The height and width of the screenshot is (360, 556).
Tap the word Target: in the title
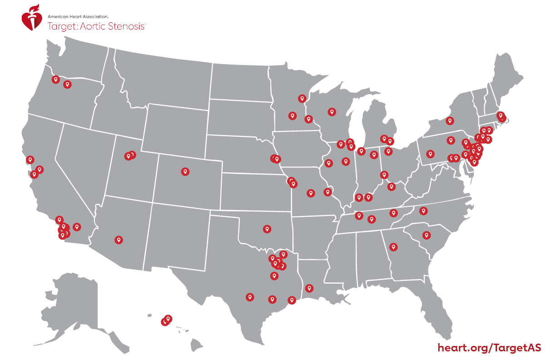coord(62,26)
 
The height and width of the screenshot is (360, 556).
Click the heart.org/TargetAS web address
coord(489,348)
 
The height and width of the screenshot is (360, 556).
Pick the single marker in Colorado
coord(185,171)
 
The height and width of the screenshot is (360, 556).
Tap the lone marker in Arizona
coord(119,240)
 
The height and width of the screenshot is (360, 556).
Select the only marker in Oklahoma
coord(267,229)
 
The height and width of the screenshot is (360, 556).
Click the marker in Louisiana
coord(309,288)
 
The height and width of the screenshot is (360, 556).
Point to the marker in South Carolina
coord(427,235)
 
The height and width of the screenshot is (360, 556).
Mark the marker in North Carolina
coord(423,210)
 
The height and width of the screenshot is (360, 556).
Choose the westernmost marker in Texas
coord(250,297)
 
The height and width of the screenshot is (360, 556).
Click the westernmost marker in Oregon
coord(55,79)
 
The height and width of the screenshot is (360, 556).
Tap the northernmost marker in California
coord(30,160)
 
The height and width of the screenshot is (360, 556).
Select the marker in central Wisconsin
coord(332,111)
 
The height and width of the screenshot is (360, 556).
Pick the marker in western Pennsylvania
coord(430,154)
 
